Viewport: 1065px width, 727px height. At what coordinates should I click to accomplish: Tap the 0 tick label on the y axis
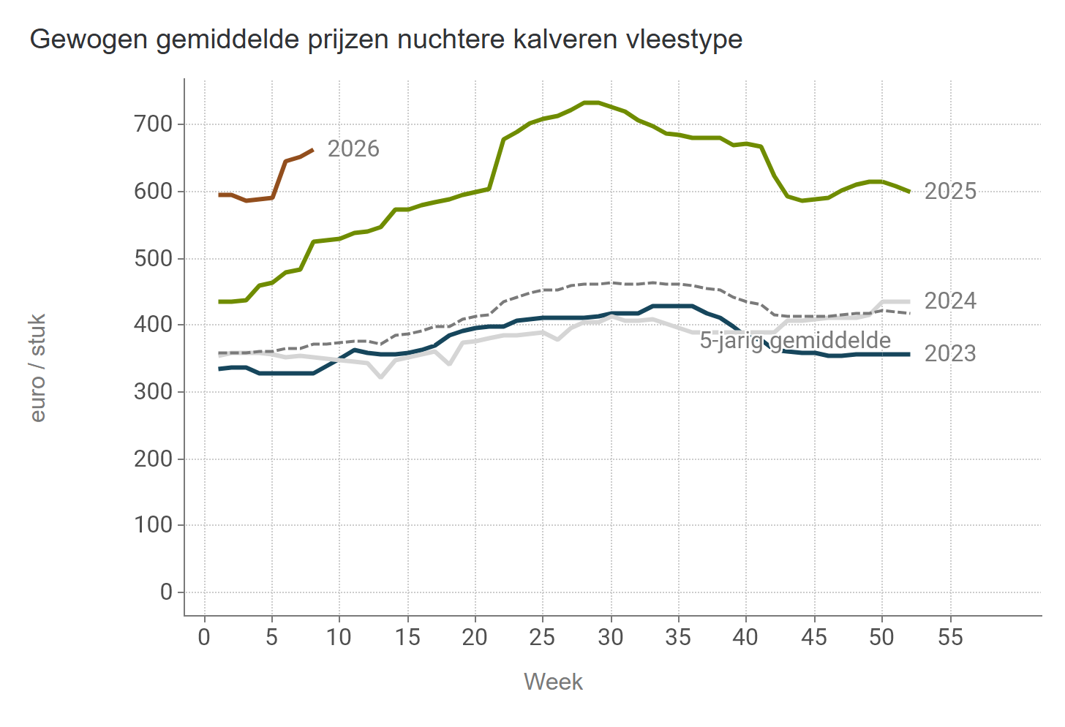[166, 592]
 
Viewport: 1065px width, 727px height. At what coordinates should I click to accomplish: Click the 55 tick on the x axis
[950, 637]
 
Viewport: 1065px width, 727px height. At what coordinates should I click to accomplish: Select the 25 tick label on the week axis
[542, 637]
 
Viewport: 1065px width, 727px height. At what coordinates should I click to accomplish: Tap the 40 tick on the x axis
[746, 637]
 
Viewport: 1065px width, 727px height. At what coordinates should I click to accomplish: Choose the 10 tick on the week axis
[339, 637]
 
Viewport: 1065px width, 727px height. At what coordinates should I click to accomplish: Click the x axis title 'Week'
[553, 682]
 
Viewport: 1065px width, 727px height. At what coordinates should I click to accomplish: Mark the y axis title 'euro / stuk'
[38, 368]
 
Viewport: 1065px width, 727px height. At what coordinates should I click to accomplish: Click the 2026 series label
[353, 148]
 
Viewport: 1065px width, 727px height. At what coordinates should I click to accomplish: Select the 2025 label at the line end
[950, 191]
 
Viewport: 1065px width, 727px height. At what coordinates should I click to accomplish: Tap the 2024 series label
[950, 301]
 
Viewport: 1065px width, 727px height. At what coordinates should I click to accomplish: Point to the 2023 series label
[950, 353]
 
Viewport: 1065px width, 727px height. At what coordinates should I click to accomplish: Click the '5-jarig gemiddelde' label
[795, 340]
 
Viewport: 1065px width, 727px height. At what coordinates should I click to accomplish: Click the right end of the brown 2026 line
[313, 149]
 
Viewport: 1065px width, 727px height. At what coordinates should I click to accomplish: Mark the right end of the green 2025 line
[909, 192]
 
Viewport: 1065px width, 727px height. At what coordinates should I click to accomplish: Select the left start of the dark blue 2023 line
[219, 369]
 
